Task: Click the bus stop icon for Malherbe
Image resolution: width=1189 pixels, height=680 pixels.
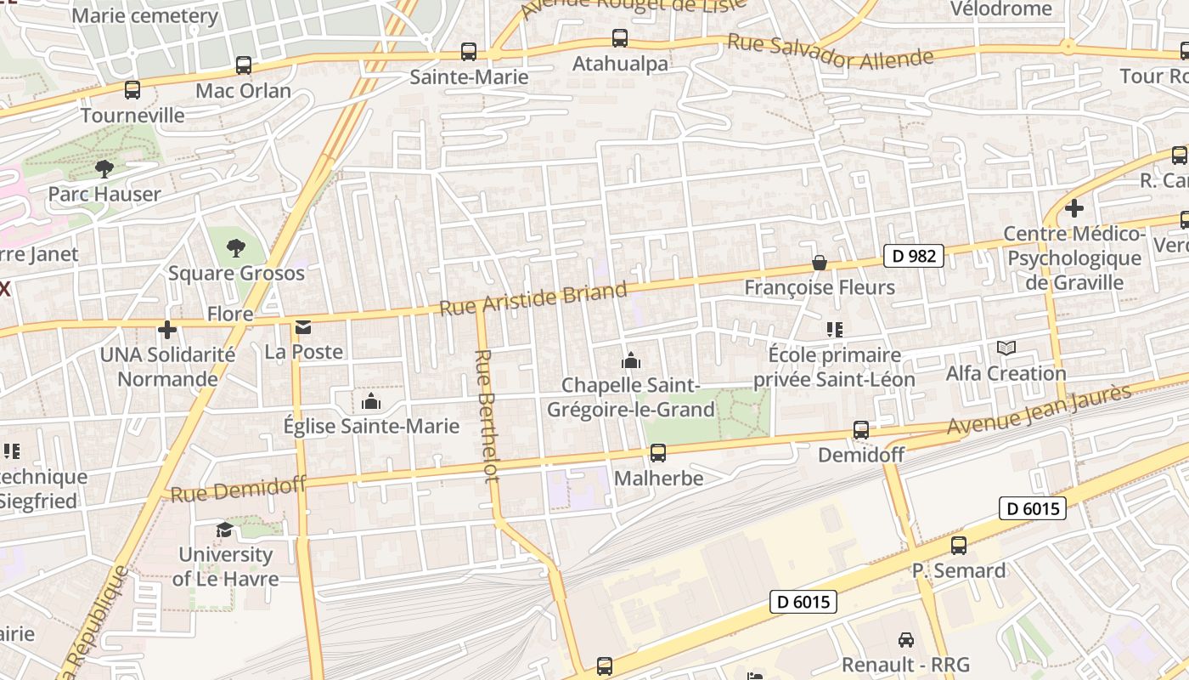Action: point(657,453)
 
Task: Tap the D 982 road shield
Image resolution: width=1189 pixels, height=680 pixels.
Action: point(914,256)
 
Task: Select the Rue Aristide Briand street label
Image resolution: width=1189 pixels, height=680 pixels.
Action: point(533,300)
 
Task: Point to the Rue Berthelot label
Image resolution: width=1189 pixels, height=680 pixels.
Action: point(487,416)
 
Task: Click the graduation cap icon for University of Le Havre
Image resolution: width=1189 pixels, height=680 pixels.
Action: point(224,530)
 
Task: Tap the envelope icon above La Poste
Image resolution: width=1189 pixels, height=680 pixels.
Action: point(303,327)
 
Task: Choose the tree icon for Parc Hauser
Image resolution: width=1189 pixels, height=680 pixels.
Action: point(104,169)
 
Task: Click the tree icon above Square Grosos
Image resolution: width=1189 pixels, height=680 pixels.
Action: point(236,248)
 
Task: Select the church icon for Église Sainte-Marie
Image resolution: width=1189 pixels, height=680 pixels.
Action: point(370,401)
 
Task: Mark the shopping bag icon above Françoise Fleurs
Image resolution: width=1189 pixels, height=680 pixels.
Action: point(820,263)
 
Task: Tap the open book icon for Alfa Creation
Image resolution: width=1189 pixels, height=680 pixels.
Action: point(1006,348)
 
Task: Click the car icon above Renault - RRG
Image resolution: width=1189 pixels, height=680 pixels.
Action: point(906,640)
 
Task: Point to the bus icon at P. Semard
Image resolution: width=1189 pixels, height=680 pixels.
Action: point(959,546)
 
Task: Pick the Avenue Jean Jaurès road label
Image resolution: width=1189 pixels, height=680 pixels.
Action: point(1040,411)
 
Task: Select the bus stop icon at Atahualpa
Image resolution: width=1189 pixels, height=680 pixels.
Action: point(620,38)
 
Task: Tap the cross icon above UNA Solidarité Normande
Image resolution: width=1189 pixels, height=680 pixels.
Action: point(167,329)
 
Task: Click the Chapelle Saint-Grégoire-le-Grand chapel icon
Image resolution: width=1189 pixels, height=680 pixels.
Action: point(630,361)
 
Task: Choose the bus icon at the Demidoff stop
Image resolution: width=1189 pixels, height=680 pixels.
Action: point(861,430)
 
